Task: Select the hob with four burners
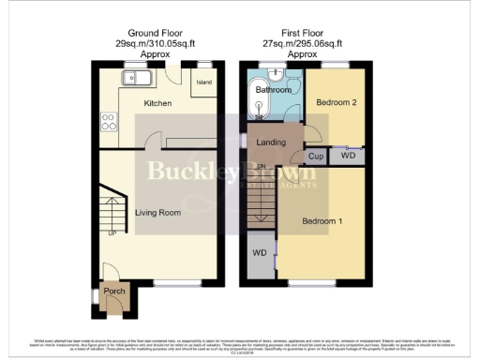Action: pos(108,121)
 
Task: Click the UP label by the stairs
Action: pos(113,232)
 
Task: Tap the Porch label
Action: pos(114,291)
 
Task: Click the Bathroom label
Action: pos(273,92)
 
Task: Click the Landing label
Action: pos(271,142)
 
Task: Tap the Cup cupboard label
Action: pos(316,157)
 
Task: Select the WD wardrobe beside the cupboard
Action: pos(348,156)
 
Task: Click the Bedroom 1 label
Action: pos(322,221)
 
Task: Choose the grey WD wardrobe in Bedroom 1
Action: pos(258,255)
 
